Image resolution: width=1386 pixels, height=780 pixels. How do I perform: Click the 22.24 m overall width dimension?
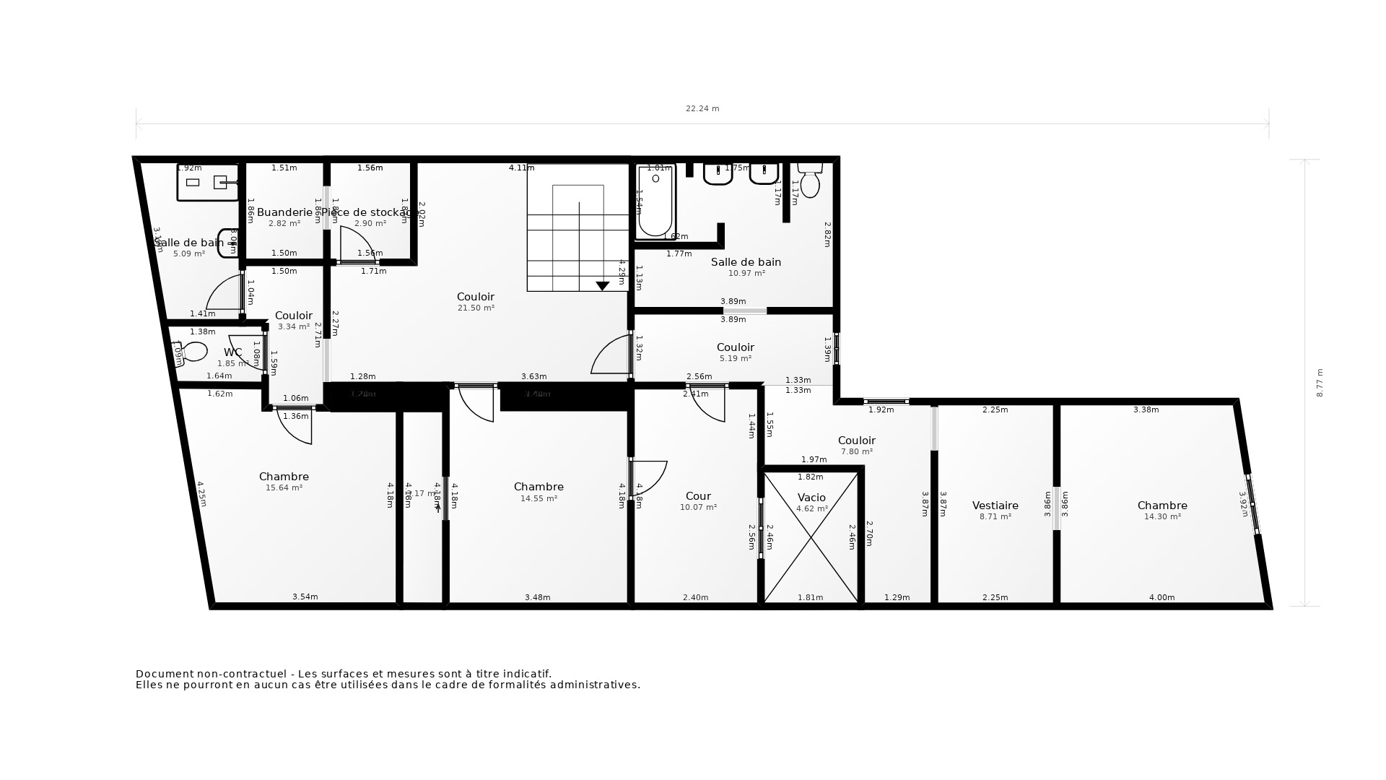pos(702,109)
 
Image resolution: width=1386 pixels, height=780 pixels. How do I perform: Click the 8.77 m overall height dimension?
pos(1320,383)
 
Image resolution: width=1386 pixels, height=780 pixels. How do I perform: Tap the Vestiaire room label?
pos(995,506)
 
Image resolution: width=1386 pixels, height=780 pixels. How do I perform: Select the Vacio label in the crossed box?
pos(811,498)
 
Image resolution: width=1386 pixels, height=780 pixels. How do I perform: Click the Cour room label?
pos(698,496)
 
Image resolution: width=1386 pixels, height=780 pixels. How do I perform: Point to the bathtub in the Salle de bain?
pos(655,201)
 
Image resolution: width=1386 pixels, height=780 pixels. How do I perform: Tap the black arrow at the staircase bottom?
pos(602,286)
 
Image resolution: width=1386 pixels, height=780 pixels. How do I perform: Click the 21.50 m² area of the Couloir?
pos(476,308)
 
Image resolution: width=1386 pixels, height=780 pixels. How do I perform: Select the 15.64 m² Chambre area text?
pos(284,488)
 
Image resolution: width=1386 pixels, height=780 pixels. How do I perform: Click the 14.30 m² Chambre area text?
pos(1162,517)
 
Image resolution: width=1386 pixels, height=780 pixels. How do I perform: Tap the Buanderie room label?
pos(284,212)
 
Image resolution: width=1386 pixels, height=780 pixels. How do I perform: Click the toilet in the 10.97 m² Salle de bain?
pos(810,181)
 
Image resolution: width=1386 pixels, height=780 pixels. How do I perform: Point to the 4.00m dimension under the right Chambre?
pos(1161,597)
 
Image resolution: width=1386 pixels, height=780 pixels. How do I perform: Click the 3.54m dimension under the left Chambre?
pos(305,597)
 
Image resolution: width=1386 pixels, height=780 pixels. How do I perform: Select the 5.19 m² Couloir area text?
pos(735,358)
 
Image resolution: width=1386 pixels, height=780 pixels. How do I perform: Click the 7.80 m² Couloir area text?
pos(856,452)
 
